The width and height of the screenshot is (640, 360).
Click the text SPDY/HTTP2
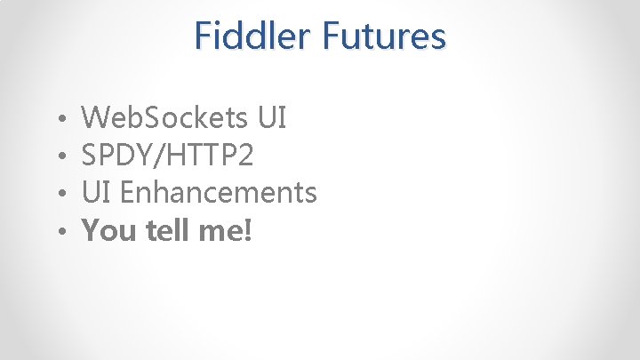pyautogui.click(x=167, y=156)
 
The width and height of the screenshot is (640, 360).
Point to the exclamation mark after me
pyautogui.click(x=248, y=231)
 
